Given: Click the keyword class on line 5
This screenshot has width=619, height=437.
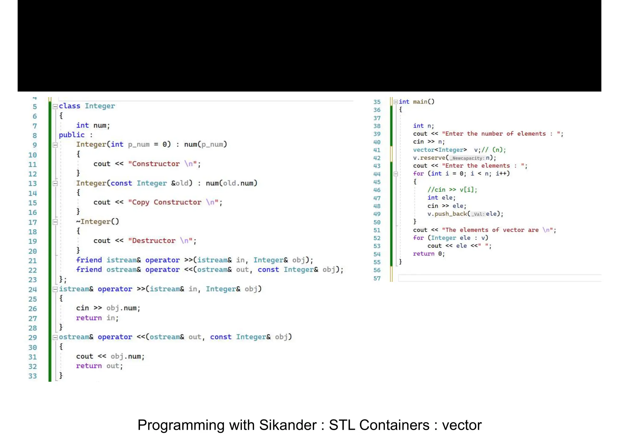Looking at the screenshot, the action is (x=70, y=106).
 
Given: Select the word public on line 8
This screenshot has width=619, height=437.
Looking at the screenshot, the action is (x=72, y=135).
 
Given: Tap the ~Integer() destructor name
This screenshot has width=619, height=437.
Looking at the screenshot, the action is (x=98, y=222).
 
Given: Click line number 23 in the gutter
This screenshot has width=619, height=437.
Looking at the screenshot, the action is (x=33, y=280).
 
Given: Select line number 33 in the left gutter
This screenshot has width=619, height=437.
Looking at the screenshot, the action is (x=33, y=376).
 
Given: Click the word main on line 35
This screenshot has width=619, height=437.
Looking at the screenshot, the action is (x=420, y=102).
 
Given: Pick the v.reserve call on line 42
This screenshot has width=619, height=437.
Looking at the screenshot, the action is (x=429, y=158).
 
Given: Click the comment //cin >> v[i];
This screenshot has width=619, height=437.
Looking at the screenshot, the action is (x=452, y=190).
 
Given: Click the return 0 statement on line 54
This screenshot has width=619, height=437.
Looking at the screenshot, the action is (x=429, y=254).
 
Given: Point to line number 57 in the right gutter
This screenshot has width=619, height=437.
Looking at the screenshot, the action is (x=377, y=278).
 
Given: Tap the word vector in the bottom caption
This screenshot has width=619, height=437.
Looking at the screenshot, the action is (x=462, y=425).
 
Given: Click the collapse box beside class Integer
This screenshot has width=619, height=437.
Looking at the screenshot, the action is (x=55, y=107).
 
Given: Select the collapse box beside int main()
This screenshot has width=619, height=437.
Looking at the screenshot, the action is (x=396, y=102).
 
